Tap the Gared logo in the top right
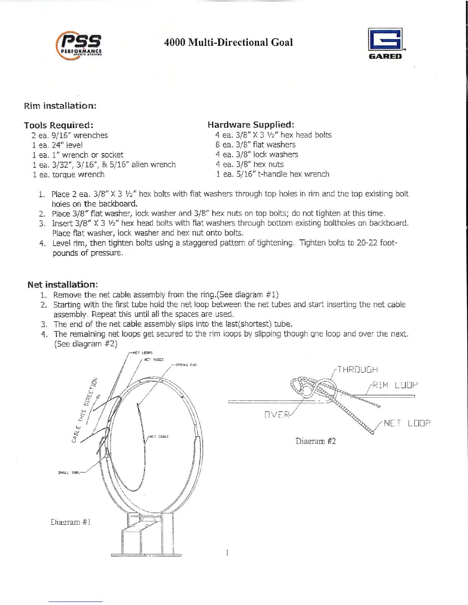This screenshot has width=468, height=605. click(385, 44)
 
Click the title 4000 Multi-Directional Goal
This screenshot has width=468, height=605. click(228, 42)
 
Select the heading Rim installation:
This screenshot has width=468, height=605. click(60, 105)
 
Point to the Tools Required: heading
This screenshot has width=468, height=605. click(58, 125)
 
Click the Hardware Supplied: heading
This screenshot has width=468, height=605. click(250, 125)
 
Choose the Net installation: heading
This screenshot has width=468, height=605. click(63, 285)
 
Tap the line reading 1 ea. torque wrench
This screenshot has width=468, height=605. click(68, 175)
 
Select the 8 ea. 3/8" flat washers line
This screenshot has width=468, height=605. click(255, 145)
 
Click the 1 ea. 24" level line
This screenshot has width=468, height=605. click(57, 145)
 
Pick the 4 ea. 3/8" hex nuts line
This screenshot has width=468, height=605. click(250, 165)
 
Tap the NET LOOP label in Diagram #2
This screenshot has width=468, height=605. click(407, 423)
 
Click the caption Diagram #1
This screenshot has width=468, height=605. click(71, 522)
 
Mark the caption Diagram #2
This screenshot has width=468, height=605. click(315, 441)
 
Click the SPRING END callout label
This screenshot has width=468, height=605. click(186, 365)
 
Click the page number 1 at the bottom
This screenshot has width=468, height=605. click(227, 552)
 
